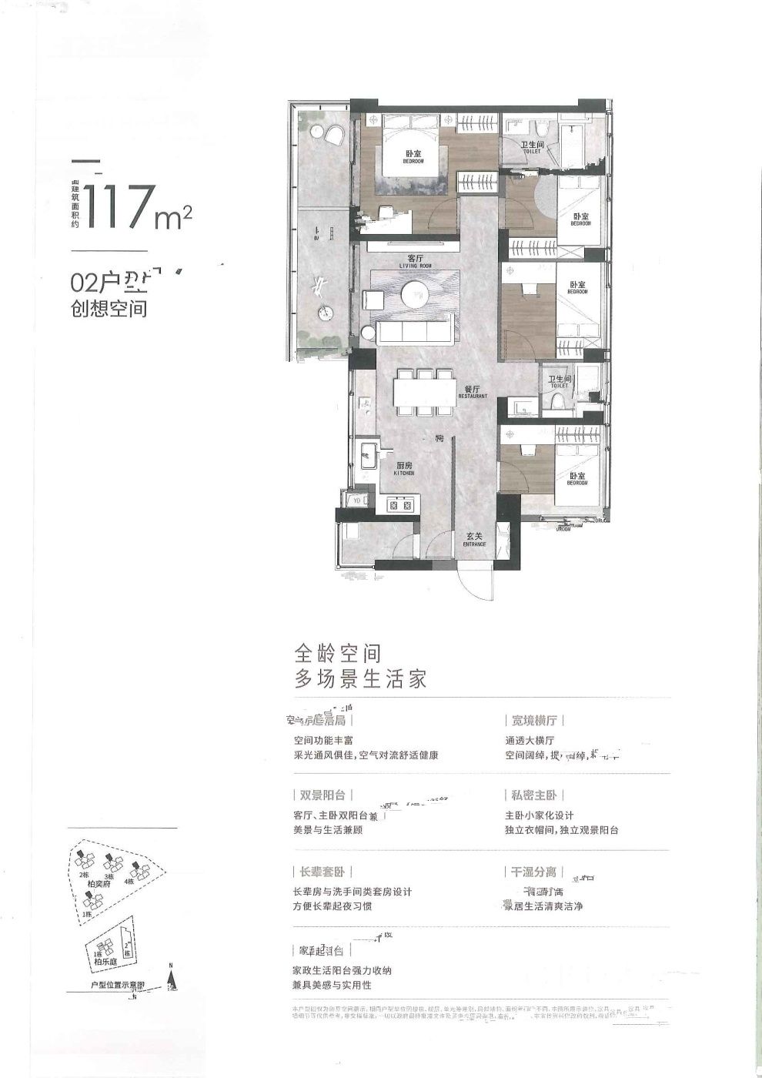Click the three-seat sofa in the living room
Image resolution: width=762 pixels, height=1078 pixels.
414,332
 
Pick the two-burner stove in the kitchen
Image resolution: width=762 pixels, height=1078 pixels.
401,505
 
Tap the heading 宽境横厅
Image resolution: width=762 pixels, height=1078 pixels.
534,721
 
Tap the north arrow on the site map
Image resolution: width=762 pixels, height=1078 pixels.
172,979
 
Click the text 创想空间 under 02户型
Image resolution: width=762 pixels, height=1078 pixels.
109,310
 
